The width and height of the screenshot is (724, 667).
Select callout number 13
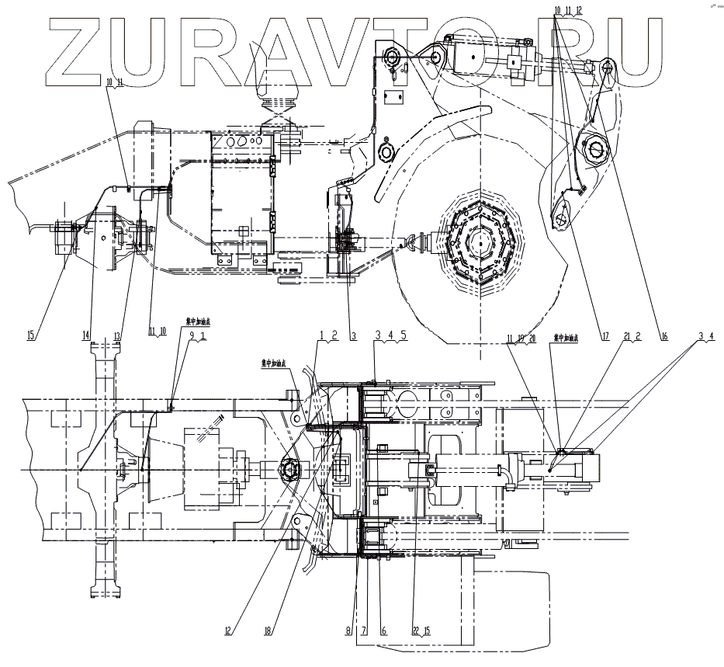point(118,336)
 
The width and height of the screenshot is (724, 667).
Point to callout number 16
point(664,336)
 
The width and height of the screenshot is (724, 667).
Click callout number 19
point(523,337)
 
